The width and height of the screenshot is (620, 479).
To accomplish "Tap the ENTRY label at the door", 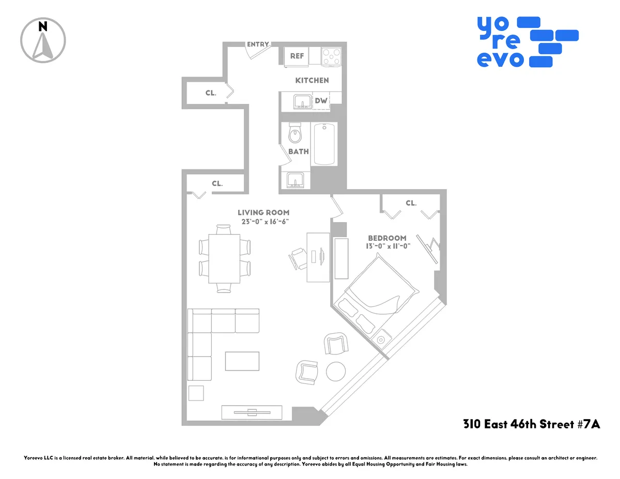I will pos(257,44).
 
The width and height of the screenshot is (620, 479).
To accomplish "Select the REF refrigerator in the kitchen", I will pos(297,56).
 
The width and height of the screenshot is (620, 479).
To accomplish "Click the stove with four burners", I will pos(331,56).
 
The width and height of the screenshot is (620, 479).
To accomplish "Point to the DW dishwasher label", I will pos(321,101).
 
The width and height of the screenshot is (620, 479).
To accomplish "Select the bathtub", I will pos(324,144).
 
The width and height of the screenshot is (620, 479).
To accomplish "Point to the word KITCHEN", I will pos(312,81).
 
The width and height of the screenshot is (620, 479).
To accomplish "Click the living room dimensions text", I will pos(263,222).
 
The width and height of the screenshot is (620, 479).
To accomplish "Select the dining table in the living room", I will pos(224,258).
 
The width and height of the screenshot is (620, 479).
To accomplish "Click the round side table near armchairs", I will pos(336,371).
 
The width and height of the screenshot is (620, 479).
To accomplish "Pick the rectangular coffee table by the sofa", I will pos(242,361).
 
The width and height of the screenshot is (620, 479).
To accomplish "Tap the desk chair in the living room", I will pos(299,257).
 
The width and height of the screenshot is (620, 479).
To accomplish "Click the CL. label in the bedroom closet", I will pos(411,203).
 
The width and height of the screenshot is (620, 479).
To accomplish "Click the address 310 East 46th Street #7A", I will pos(532,425).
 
